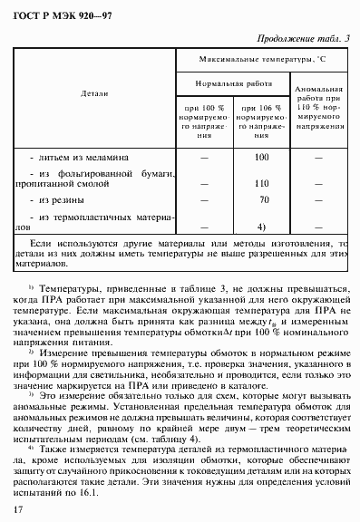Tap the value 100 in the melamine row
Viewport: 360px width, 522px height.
click(x=263, y=158)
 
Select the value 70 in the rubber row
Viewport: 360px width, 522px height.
click(x=264, y=200)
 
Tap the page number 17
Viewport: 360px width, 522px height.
click(x=18, y=511)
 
